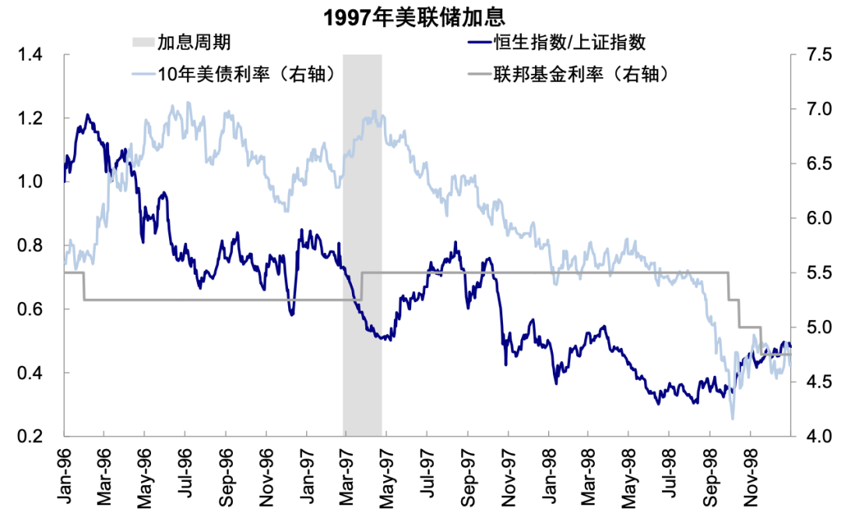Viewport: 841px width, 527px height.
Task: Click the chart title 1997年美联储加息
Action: click(413, 17)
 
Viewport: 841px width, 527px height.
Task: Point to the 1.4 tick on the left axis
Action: click(30, 54)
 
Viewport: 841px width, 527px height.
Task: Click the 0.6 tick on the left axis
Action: click(30, 309)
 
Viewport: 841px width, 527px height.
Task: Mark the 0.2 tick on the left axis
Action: click(30, 436)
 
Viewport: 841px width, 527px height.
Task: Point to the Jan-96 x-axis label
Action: click(64, 476)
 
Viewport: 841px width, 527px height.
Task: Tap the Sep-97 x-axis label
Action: click(467, 477)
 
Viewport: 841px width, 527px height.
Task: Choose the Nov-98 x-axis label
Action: click(751, 477)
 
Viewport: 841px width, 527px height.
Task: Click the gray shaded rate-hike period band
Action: click(362, 245)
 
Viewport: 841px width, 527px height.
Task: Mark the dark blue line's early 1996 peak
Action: click(87, 114)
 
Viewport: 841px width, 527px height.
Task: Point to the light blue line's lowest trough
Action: click(732, 418)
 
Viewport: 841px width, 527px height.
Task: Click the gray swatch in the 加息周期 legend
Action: click(143, 42)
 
